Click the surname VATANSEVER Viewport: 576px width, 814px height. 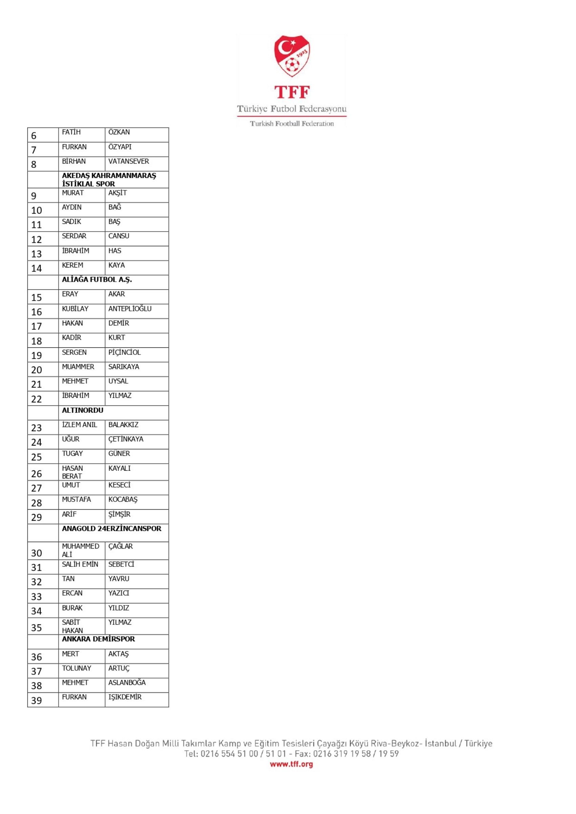[x=128, y=161]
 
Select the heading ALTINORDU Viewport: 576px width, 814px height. [x=83, y=410]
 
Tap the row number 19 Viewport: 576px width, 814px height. [x=37, y=355]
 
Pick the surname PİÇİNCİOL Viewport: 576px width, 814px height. [x=124, y=352]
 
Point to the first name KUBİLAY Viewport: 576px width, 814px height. [x=75, y=309]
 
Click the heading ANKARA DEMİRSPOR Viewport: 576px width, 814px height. [x=98, y=639]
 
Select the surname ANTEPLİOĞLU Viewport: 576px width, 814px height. [x=130, y=309]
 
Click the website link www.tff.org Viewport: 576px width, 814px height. [x=291, y=764]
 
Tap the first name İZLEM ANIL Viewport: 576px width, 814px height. [x=79, y=425]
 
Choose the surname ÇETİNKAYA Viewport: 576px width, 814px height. [x=126, y=439]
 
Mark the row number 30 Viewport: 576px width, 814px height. [x=37, y=553]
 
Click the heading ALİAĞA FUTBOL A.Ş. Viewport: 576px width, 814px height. [x=97, y=279]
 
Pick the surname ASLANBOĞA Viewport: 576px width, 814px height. [x=127, y=683]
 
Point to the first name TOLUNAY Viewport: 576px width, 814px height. [x=77, y=668]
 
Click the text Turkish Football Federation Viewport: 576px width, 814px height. [x=291, y=123]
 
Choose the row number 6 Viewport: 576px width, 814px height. [x=34, y=135]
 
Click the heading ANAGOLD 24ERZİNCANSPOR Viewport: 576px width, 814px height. [x=111, y=529]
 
